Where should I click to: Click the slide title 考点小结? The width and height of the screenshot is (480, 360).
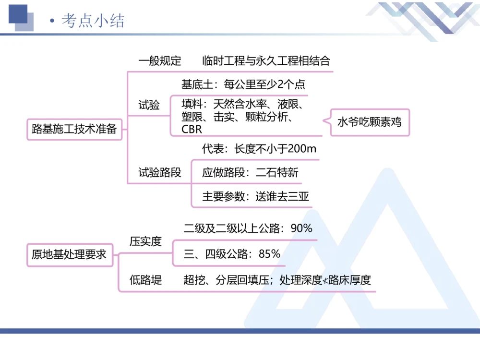(93, 21)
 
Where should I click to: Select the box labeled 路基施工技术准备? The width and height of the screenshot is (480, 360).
(74, 129)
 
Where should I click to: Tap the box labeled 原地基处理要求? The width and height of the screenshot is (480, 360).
(69, 254)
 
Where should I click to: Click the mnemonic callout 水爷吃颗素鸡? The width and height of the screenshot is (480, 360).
(369, 122)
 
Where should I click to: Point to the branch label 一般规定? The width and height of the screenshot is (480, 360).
(160, 61)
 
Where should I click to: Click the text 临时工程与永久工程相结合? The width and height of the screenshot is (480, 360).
(266, 61)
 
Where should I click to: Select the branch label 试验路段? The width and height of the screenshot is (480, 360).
(160, 173)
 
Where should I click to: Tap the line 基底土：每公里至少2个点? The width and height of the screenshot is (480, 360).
(243, 85)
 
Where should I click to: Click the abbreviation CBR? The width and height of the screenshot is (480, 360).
(192, 130)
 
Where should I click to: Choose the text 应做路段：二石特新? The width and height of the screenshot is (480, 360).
(250, 173)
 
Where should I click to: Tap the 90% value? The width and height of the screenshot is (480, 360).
(301, 228)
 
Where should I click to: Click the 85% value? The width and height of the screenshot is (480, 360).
(269, 254)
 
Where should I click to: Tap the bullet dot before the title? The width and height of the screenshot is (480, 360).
(52, 21)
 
